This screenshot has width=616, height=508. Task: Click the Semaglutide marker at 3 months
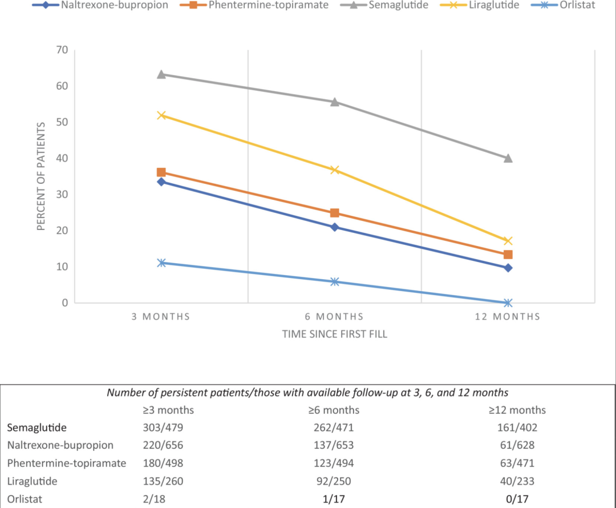(161, 74)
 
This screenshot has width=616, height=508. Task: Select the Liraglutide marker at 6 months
(335, 170)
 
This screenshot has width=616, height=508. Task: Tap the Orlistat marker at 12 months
(508, 303)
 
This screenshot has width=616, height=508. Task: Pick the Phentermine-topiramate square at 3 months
(161, 172)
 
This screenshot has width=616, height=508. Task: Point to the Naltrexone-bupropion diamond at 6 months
(335, 227)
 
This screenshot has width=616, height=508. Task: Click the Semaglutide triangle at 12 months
(508, 158)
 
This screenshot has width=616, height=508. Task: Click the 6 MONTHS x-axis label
(335, 317)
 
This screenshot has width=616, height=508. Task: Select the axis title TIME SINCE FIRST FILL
(335, 334)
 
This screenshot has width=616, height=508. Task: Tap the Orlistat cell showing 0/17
(517, 499)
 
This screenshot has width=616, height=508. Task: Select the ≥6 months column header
(335, 410)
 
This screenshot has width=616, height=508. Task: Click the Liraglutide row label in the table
(33, 481)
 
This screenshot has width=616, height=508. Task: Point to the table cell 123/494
(335, 463)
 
